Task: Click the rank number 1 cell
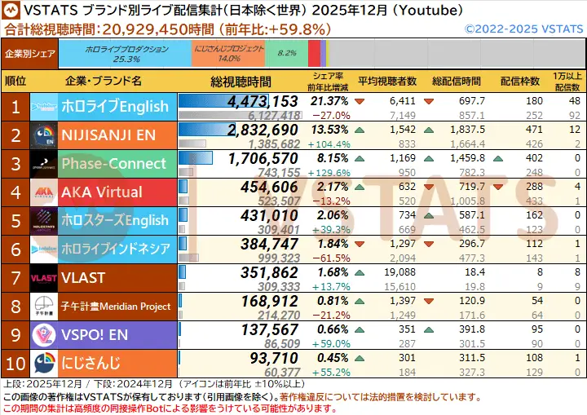click(15, 107)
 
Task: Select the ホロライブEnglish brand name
click(115, 107)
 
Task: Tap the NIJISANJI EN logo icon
click(43, 135)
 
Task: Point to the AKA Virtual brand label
click(101, 192)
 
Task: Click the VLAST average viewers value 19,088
click(399, 272)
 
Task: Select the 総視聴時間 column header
click(241, 82)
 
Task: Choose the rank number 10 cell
click(15, 363)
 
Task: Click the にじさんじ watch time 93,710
click(273, 358)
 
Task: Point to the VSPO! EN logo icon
click(43, 334)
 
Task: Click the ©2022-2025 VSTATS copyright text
click(524, 29)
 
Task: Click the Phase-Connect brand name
click(113, 164)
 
